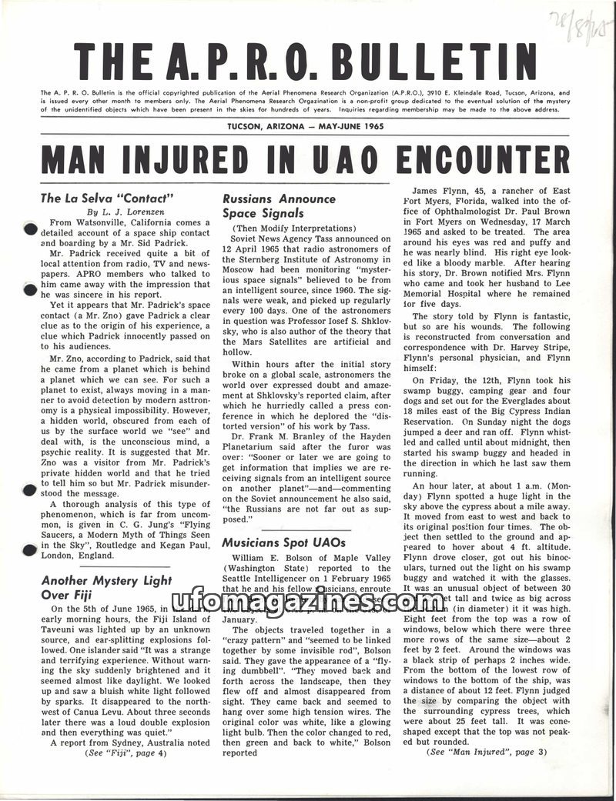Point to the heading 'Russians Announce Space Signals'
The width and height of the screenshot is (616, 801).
point(279,205)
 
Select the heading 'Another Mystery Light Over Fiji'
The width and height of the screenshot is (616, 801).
point(106,587)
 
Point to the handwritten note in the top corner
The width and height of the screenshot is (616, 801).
point(580,27)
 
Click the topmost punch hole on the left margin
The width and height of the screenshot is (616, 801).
point(29,229)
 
